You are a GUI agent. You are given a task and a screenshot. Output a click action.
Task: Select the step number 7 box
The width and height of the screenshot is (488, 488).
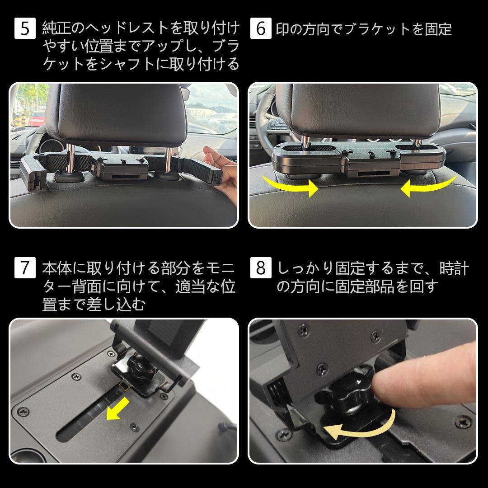tap(25, 267)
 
